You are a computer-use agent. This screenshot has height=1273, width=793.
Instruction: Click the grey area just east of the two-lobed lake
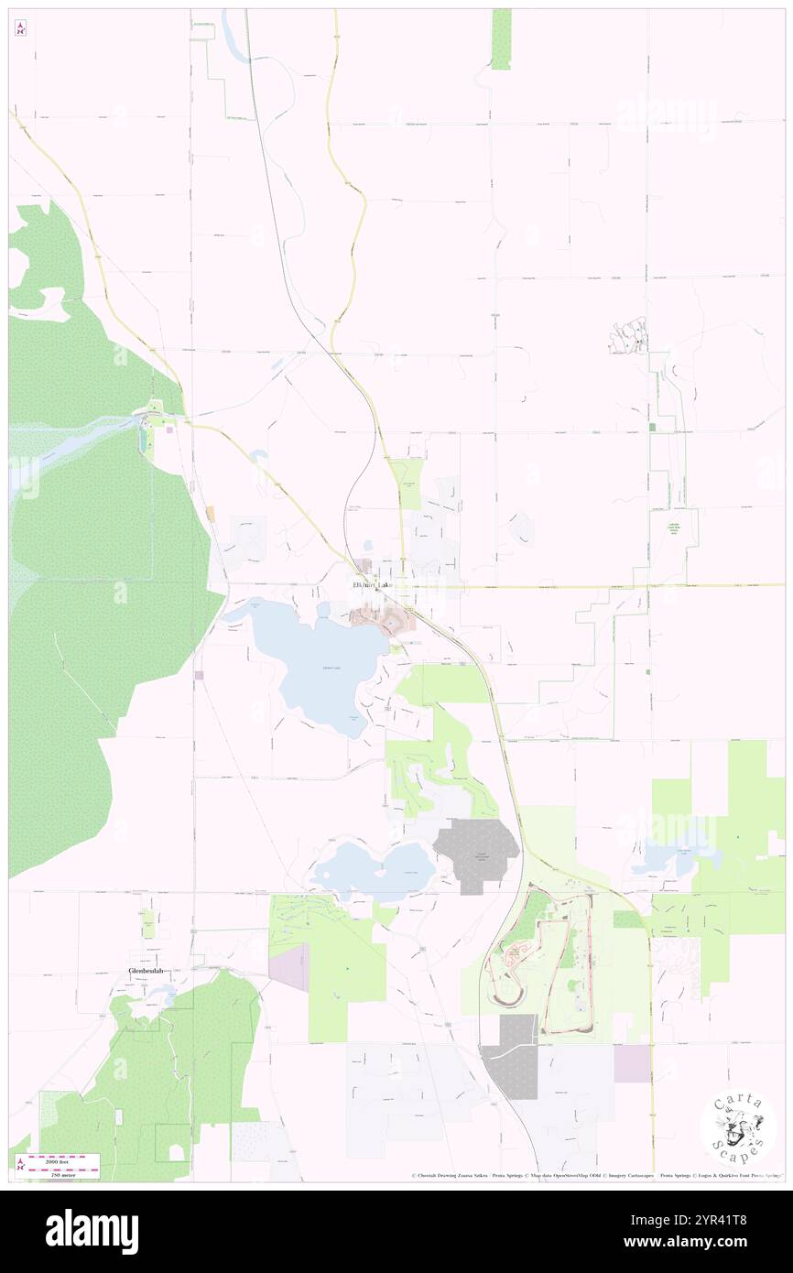(x=476, y=854)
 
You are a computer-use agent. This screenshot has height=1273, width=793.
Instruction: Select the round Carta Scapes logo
(x=738, y=1127)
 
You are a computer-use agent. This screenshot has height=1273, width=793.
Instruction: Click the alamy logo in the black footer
(x=92, y=1231)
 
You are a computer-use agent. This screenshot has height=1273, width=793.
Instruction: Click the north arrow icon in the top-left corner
(x=20, y=28)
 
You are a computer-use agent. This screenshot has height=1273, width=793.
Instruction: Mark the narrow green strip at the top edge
(x=501, y=38)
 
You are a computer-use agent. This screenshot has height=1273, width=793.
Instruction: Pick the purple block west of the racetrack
(x=289, y=967)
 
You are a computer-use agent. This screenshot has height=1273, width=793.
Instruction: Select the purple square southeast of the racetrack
(x=630, y=1063)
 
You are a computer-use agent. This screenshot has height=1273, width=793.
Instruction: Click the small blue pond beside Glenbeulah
(x=169, y=993)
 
